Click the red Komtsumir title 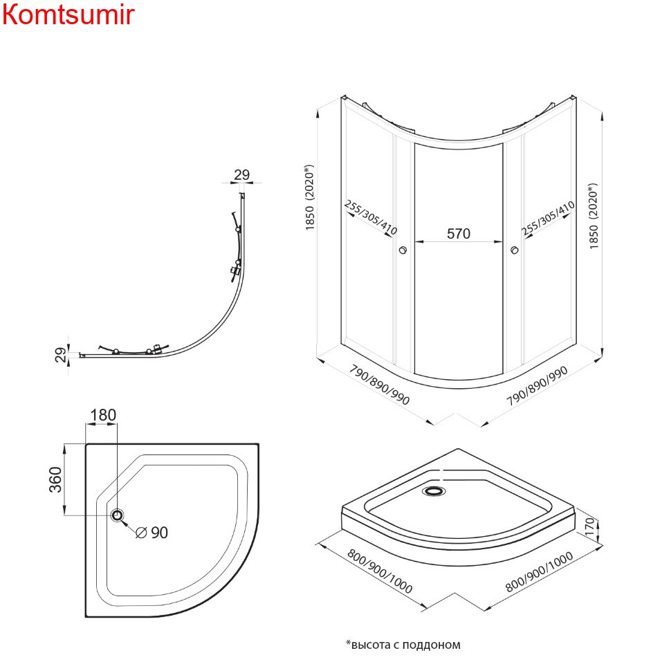(67, 15)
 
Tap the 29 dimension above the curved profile (241, 174)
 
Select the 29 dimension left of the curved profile (61, 354)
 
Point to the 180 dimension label (103, 415)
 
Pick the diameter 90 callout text (151, 532)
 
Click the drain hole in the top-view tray (118, 515)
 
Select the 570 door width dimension (458, 234)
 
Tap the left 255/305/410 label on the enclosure (370, 219)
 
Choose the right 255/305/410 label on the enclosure (549, 219)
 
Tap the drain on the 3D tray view (434, 491)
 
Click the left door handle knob (403, 250)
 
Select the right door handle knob (513, 250)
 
